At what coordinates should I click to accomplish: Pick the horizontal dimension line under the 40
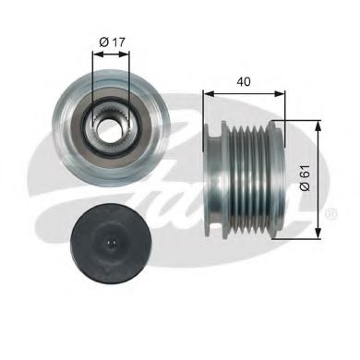[242, 93]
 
